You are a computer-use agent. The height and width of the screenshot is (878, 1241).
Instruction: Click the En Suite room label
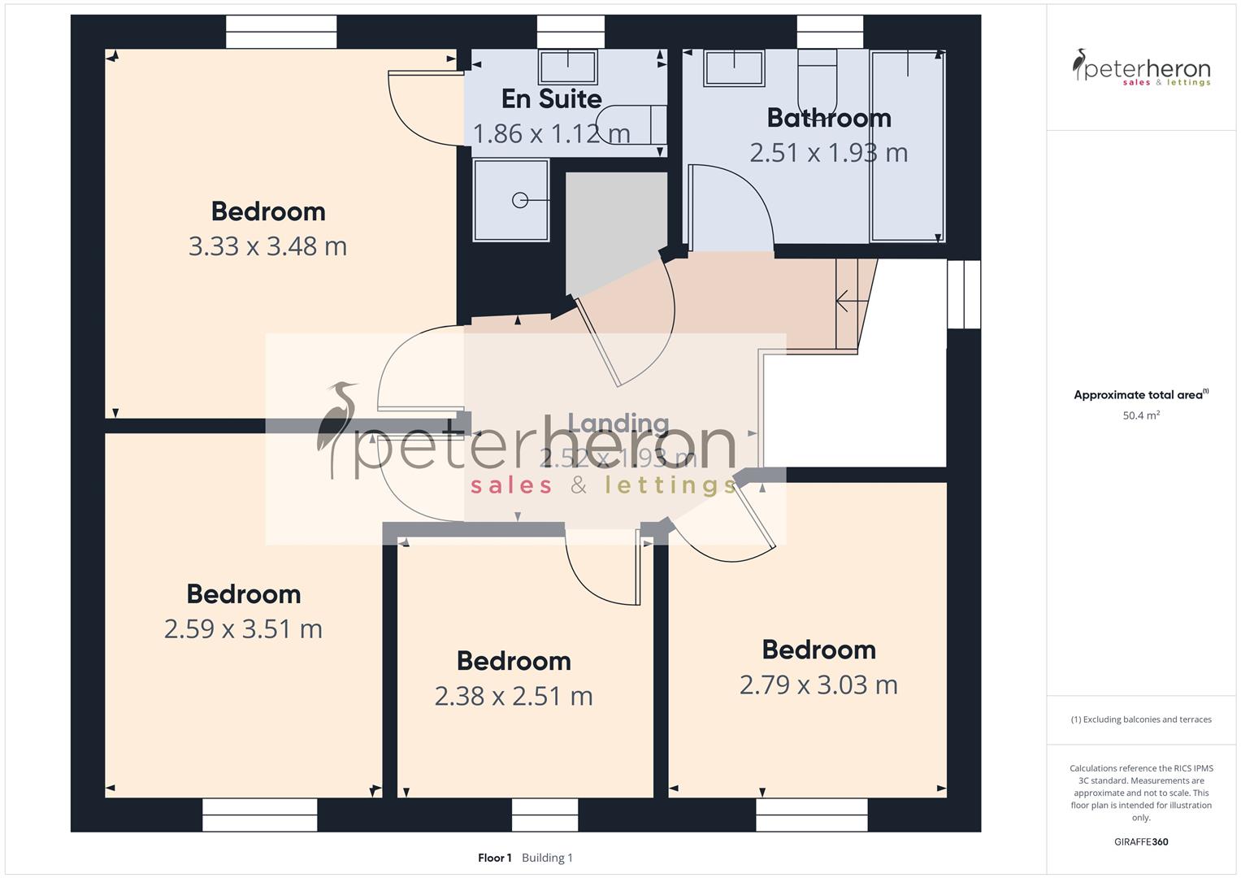pos(551,98)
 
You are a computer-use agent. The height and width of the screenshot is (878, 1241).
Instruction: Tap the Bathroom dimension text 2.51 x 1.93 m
pos(828,153)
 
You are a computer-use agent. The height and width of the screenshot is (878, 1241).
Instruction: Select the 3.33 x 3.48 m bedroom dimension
pos(267,246)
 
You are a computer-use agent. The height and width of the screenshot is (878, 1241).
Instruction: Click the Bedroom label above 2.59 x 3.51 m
pos(244,593)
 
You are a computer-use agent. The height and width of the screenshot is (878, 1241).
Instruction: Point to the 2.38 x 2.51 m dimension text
pos(514,697)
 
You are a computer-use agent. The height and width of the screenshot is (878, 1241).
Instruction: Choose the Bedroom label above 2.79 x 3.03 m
pos(818,650)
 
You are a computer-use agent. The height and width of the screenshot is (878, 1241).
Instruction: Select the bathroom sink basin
pos(734,68)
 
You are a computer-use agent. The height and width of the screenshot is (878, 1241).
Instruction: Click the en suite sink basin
pos(569,67)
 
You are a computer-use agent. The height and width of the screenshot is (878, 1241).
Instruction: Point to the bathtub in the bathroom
pos(907,146)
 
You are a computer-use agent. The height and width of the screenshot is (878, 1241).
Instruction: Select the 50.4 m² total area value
pos(1141,415)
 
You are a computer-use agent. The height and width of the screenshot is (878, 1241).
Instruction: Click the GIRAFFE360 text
pos(1141,841)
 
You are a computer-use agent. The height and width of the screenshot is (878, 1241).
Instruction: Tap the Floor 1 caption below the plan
pos(494,858)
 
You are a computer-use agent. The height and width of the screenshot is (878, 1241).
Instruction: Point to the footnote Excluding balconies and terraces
pos(1141,719)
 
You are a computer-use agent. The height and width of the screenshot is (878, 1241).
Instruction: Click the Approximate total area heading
pos(1139,395)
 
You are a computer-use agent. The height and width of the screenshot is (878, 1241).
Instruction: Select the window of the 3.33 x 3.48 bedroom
pos(280,33)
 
